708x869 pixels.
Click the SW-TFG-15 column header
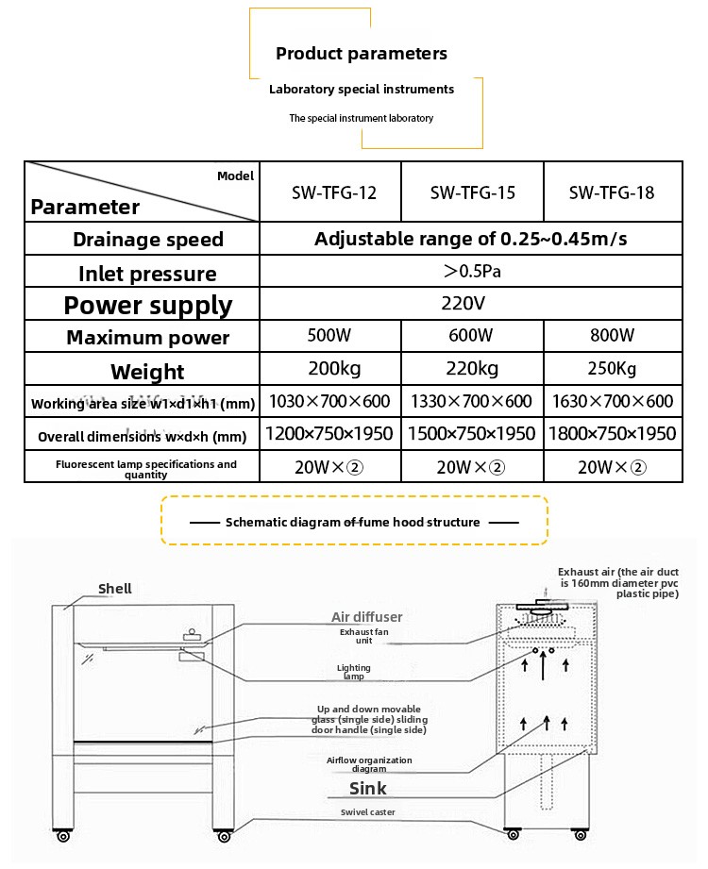pos(472,192)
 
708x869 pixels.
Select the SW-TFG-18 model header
pos(612,192)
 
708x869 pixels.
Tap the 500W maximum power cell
pos(329,335)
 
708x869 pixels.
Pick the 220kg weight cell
pos(472,369)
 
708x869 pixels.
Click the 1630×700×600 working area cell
pos(613,401)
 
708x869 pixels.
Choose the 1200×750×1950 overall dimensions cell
pos(329,433)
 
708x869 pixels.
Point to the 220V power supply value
pos(463,304)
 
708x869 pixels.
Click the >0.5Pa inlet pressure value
pos(472,271)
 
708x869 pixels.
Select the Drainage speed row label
pos(148,240)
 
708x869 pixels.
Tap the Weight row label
pos(147,372)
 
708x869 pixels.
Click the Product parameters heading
pos(362,54)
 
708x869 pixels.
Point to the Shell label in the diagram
pos(115,589)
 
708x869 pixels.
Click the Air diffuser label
pos(367,617)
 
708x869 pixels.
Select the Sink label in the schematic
pos(368,788)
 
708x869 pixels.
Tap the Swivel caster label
pos(368,812)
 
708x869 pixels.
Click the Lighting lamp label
pos(354,672)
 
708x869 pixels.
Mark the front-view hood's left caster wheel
pos(63,836)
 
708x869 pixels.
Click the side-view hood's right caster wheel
pos(581,835)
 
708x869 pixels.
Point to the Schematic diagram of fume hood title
pos(353,522)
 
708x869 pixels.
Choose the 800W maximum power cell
pos(612,335)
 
